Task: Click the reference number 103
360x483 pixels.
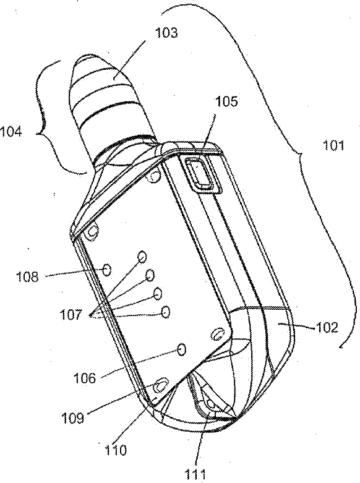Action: click(x=166, y=33)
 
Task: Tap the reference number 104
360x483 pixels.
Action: click(x=11, y=132)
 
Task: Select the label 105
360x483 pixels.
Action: click(x=226, y=101)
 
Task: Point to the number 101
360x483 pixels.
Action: click(x=333, y=145)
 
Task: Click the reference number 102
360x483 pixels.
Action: click(x=327, y=328)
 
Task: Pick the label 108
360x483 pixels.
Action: click(x=28, y=276)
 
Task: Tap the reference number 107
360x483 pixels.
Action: click(x=71, y=315)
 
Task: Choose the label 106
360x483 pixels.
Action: click(x=85, y=377)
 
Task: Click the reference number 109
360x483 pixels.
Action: click(x=73, y=418)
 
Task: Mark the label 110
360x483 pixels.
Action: click(x=115, y=450)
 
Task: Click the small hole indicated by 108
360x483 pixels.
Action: click(x=107, y=270)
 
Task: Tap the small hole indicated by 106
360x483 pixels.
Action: click(x=182, y=349)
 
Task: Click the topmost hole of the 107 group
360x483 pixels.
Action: click(x=142, y=256)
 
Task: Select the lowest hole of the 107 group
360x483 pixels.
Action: click(x=166, y=312)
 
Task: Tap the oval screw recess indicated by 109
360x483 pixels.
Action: click(x=160, y=384)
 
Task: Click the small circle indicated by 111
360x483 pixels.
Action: click(x=211, y=403)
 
